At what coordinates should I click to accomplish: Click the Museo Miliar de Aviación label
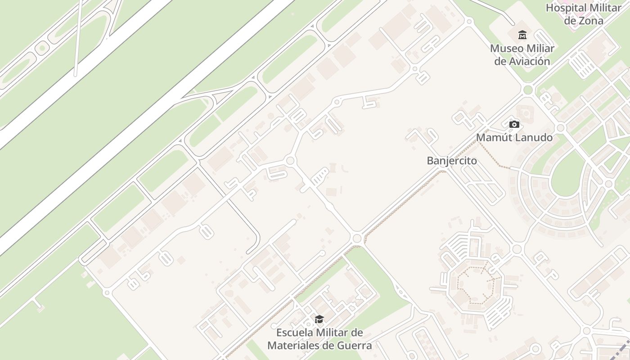522,54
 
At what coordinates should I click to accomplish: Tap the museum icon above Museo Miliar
522,35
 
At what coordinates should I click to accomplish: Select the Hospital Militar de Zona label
579,14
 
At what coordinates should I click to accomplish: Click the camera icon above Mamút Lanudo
514,124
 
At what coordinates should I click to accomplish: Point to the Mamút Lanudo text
514,137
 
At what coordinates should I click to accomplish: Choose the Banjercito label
452,161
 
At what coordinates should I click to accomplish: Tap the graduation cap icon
319,319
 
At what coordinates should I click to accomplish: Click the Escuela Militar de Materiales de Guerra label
319,339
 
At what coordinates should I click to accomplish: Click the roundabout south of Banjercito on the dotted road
357,238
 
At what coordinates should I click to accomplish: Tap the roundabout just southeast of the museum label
528,90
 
